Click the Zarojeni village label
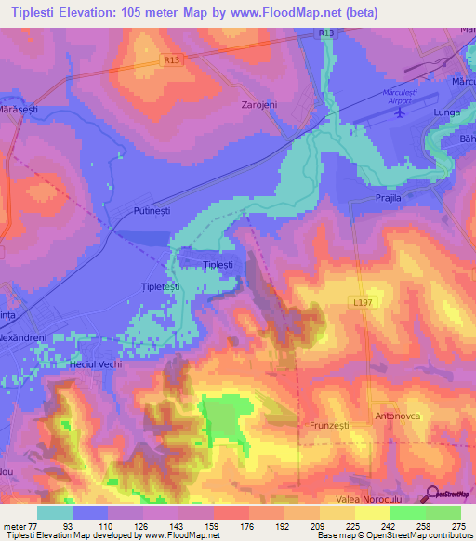coord(259,104)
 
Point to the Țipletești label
coord(160,287)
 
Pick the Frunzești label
coord(328,424)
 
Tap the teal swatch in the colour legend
coord(54,511)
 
